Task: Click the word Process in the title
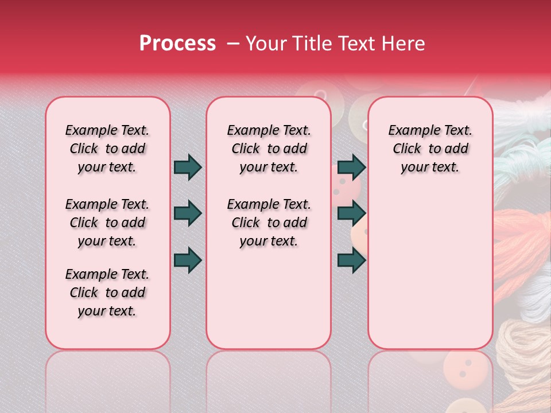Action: pyautogui.click(x=177, y=44)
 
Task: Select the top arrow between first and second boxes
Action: pyautogui.click(x=188, y=167)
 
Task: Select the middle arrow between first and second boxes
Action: pyautogui.click(x=188, y=213)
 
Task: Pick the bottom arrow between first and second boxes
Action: pyautogui.click(x=188, y=260)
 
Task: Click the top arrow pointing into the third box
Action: pyautogui.click(x=351, y=167)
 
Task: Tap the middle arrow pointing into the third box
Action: pyautogui.click(x=351, y=213)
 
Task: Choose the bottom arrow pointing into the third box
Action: pyautogui.click(x=351, y=260)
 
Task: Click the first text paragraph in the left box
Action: pyautogui.click(x=107, y=149)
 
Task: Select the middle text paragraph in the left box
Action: pyautogui.click(x=107, y=223)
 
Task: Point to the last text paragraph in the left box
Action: pyautogui.click(x=107, y=293)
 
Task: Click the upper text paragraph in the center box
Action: pyautogui.click(x=269, y=149)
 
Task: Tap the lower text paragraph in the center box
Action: pyautogui.click(x=269, y=223)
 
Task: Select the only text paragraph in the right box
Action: pyautogui.click(x=430, y=149)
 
